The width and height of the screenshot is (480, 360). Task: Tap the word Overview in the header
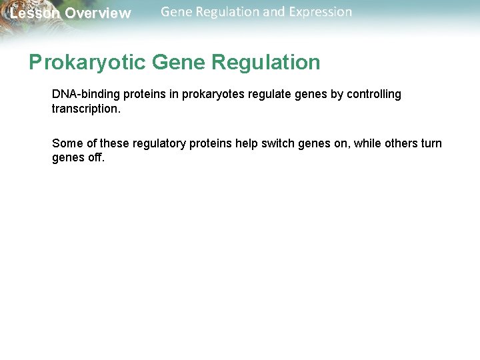(98, 13)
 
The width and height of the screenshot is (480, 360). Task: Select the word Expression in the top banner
(319, 12)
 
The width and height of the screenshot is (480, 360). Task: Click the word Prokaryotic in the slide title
(87, 63)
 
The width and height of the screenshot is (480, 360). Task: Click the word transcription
(85, 108)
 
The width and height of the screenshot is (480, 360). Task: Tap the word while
(367, 143)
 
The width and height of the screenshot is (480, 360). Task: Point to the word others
(403, 143)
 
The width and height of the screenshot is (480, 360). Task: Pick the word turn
(432, 143)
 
